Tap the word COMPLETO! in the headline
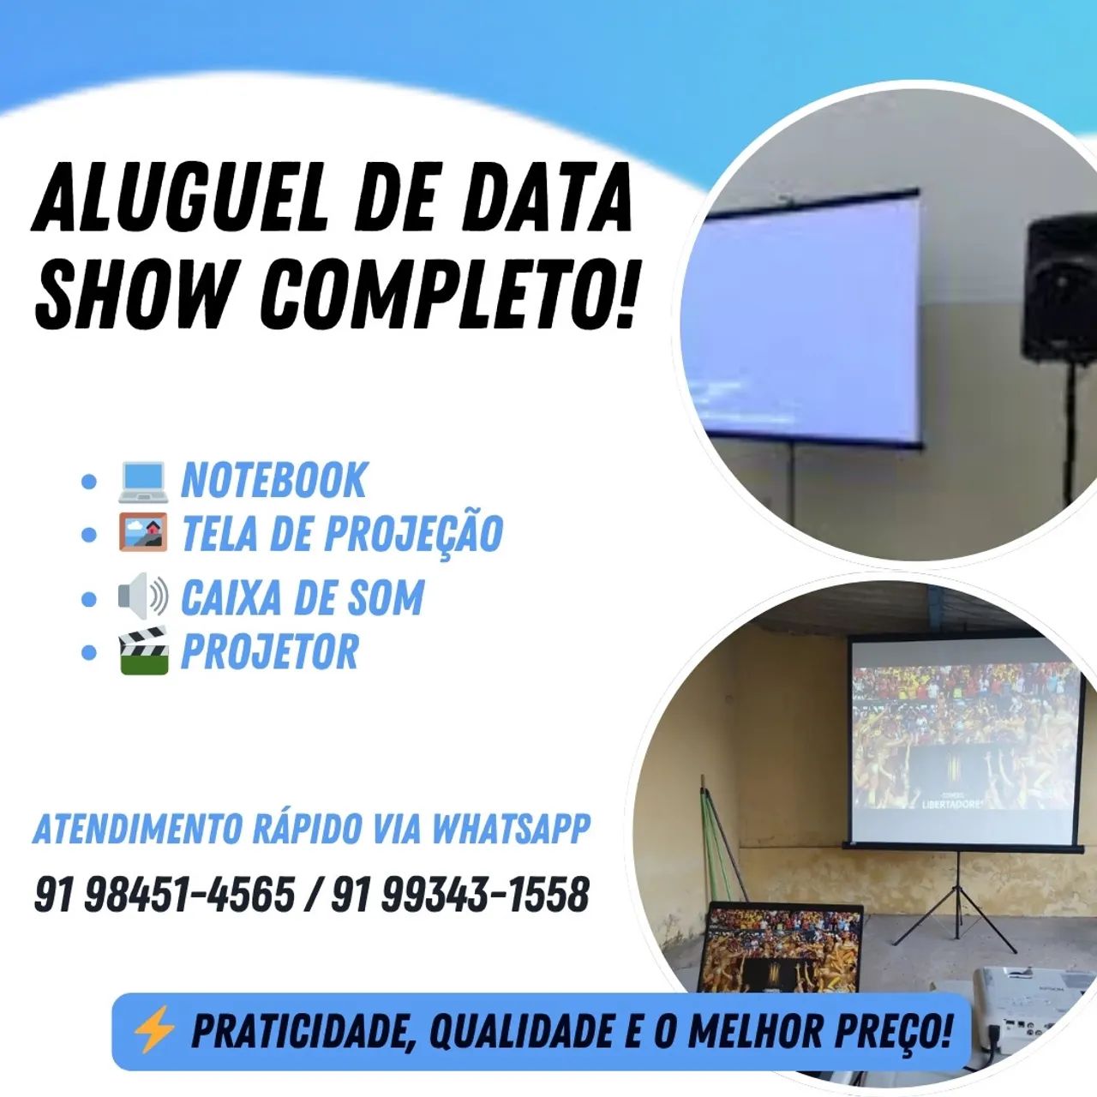coord(449,293)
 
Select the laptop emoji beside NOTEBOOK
coord(142,481)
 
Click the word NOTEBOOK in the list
coord(273,480)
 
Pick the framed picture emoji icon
coord(142,533)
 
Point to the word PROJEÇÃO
coord(413,533)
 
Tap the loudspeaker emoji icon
coord(142,596)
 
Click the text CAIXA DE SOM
coord(303,597)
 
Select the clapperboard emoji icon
coord(142,651)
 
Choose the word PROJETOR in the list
coord(270,652)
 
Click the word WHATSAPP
coord(511,829)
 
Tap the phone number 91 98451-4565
coord(164,895)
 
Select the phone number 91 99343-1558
coord(460,895)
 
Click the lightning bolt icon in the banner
coord(153,1030)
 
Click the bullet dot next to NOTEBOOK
coord(88,482)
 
